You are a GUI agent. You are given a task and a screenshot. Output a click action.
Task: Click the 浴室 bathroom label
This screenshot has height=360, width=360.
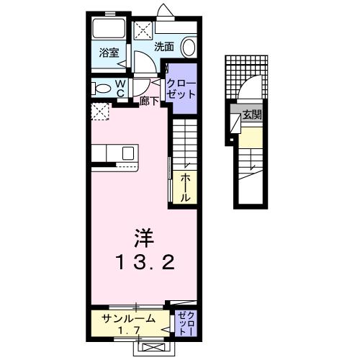coord(109,53)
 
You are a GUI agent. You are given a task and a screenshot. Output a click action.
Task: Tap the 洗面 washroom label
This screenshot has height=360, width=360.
coord(165,48)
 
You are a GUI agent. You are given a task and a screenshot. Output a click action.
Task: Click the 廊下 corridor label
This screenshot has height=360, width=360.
coord(149,101)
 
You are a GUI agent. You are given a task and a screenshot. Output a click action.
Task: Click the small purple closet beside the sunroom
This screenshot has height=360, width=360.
coord(185,323)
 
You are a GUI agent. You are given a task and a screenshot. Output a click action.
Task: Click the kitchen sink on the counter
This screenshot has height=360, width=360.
coord(128,153)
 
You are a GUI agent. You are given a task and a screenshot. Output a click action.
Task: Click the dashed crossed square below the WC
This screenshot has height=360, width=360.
coord(100,112)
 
